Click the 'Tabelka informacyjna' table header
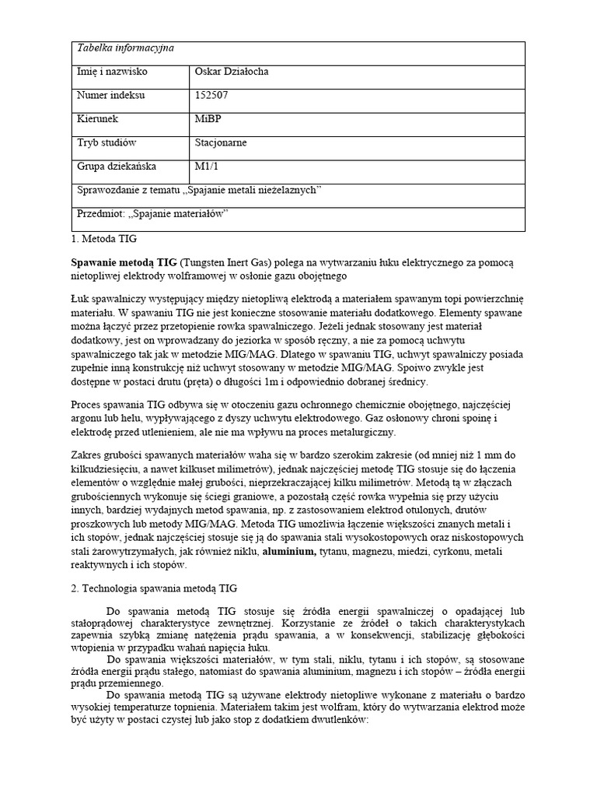(124, 48)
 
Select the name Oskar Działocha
(232, 72)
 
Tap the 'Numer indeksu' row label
(110, 96)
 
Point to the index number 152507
(211, 96)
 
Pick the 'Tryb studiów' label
(106, 143)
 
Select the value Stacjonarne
(222, 143)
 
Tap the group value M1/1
(205, 167)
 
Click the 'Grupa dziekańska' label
(117, 167)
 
